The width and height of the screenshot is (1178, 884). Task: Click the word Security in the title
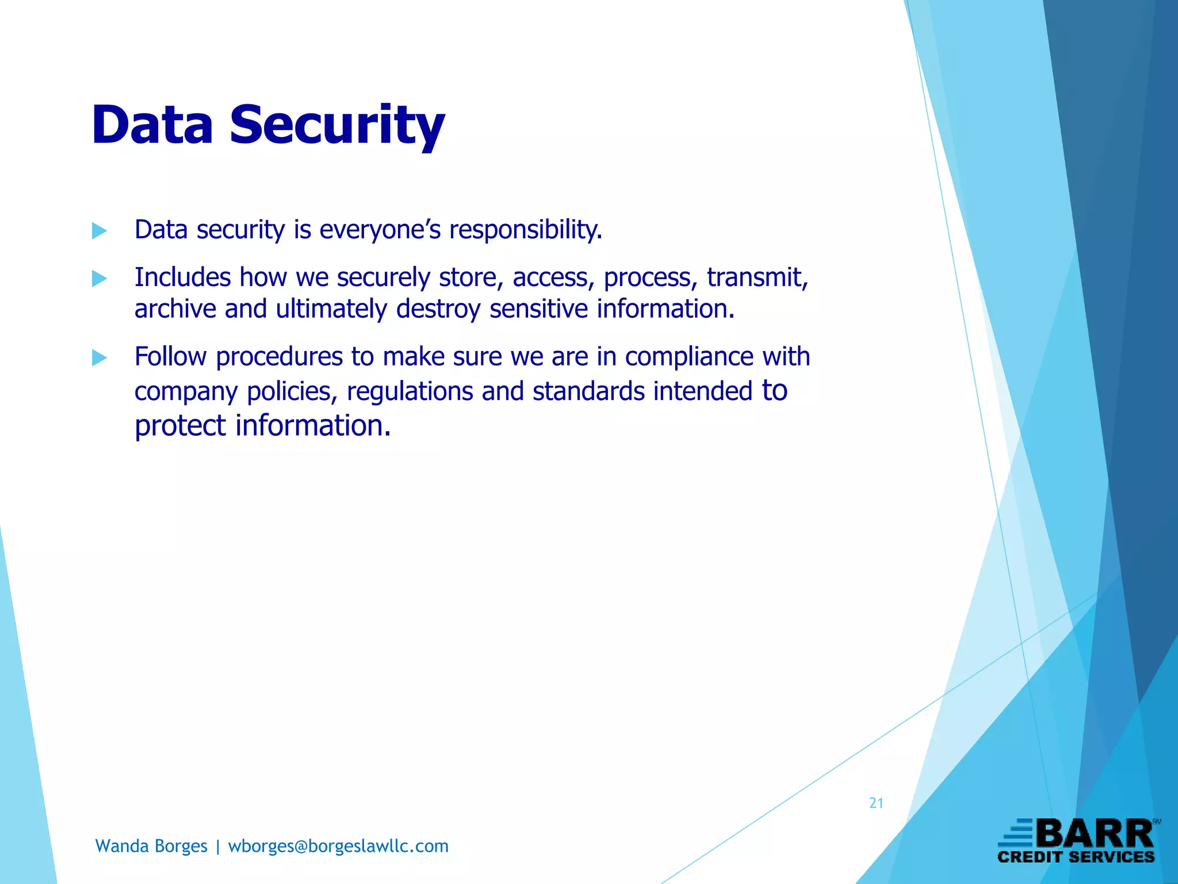click(x=337, y=125)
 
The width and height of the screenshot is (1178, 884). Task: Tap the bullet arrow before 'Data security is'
click(x=100, y=231)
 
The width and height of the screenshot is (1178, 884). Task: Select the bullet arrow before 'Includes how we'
click(x=100, y=279)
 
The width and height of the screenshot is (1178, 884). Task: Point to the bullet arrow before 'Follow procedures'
click(x=100, y=358)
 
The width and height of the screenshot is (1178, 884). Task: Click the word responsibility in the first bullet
click(x=526, y=230)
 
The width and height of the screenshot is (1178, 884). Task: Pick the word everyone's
click(x=380, y=230)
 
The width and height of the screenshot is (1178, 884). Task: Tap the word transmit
click(x=758, y=278)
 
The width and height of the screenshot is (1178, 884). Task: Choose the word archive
click(x=175, y=309)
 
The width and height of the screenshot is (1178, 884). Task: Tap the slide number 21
click(x=876, y=803)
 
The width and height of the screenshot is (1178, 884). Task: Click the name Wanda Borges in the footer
click(x=151, y=846)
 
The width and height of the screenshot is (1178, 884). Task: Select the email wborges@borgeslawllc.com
click(x=338, y=846)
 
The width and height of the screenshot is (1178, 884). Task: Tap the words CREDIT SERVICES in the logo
click(x=1076, y=857)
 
